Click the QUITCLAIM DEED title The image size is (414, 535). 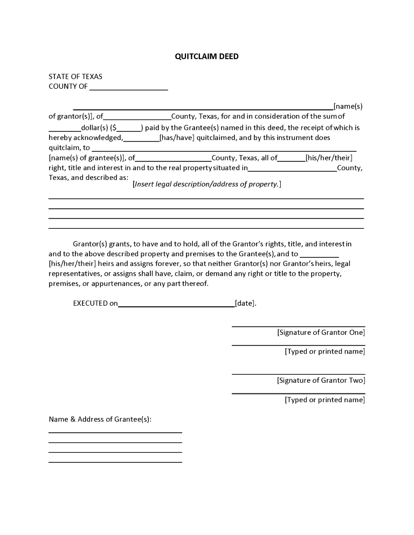pyautogui.click(x=206, y=57)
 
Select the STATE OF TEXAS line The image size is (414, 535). pyautogui.click(x=75, y=76)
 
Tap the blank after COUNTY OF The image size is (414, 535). pyautogui.click(x=128, y=87)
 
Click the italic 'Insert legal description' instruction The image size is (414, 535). pyautogui.click(x=206, y=184)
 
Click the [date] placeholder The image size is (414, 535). pyautogui.click(x=245, y=303)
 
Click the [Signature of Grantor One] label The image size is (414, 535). pyautogui.click(x=321, y=333)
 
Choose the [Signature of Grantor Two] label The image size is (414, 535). pyautogui.click(x=321, y=381)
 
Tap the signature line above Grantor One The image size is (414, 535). pyautogui.click(x=298, y=326)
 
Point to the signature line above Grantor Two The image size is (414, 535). pyautogui.click(x=298, y=374)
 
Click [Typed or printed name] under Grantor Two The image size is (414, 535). pyautogui.click(x=325, y=400)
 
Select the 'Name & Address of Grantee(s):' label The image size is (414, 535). pyautogui.click(x=100, y=419)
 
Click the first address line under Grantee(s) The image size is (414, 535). pyautogui.click(x=115, y=432)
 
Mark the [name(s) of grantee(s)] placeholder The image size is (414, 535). pyautogui.click(x=87, y=158)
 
